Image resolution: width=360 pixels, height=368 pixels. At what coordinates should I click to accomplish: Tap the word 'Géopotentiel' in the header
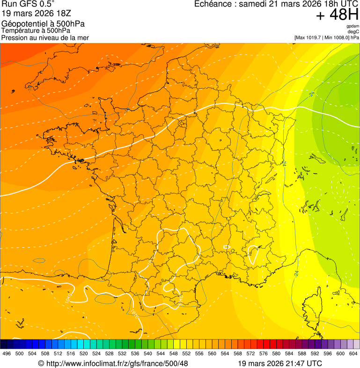pyautogui.click(x=23, y=24)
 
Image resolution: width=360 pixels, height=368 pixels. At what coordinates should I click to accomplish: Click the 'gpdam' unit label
pyautogui.click(x=353, y=26)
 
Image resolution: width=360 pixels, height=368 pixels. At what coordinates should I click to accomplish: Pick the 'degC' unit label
pyautogui.click(x=353, y=31)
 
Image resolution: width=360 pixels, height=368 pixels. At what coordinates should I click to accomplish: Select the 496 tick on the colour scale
pyautogui.click(x=7, y=353)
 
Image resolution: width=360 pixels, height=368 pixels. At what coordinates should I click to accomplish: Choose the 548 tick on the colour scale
pyautogui.click(x=174, y=353)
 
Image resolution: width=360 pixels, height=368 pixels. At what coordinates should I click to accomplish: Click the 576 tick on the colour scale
pyautogui.click(x=264, y=353)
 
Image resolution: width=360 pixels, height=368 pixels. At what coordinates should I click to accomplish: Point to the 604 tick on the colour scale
pyautogui.click(x=353, y=353)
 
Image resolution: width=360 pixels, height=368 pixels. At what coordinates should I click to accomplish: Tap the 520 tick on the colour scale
pyautogui.click(x=84, y=353)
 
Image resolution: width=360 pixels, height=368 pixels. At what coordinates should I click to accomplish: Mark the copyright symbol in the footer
pyautogui.click(x=41, y=363)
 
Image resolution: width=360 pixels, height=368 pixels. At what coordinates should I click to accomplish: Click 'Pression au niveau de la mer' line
pyautogui.click(x=45, y=37)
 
